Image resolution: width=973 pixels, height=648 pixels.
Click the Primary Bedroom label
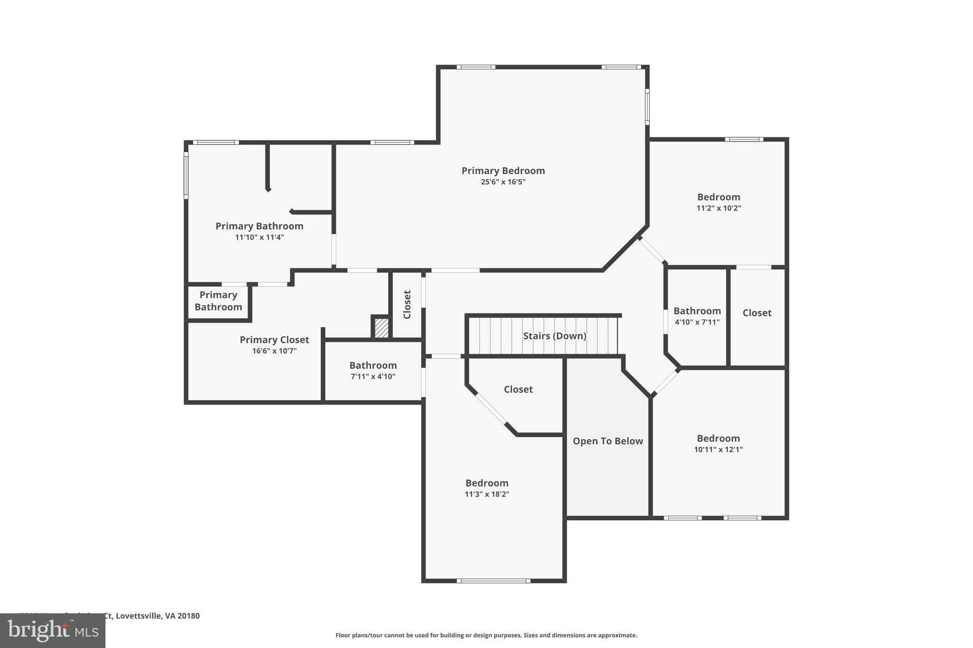[503, 171]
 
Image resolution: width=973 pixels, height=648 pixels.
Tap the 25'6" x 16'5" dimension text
[503, 182]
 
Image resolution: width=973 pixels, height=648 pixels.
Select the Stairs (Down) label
[554, 336]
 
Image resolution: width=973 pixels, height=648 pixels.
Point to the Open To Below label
[608, 441]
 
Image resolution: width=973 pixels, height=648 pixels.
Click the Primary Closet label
[274, 340]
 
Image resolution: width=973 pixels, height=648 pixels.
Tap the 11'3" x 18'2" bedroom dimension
[486, 494]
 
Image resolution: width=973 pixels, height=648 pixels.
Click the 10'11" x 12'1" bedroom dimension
[718, 450]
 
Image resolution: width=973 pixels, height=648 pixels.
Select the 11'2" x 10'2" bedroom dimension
[718, 208]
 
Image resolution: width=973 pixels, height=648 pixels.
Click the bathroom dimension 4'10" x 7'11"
[697, 322]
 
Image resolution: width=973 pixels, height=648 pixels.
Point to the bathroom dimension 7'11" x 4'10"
[373, 376]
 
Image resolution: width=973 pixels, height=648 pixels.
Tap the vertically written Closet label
[407, 304]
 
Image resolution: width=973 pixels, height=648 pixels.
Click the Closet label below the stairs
[518, 389]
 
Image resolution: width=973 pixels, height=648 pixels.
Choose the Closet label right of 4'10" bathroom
[757, 313]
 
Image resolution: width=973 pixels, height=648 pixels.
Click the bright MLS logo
[53, 630]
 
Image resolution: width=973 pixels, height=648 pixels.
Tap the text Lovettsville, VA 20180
[158, 616]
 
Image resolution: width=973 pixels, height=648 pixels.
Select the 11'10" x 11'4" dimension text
[259, 237]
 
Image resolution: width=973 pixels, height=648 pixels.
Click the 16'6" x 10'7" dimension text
[274, 351]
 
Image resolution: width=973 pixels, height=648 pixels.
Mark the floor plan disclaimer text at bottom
[486, 635]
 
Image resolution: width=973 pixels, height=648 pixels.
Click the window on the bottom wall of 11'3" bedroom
[494, 581]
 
